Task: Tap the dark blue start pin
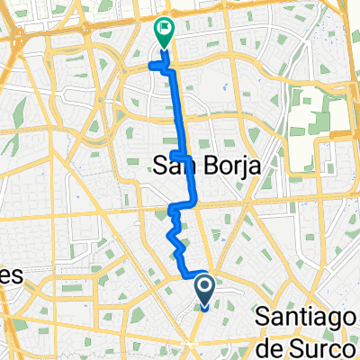click(x=204, y=291)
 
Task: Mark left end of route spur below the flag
click(x=150, y=65)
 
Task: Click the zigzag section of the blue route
click(x=175, y=238)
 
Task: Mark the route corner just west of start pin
click(x=185, y=272)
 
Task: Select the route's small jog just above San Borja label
click(x=178, y=156)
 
